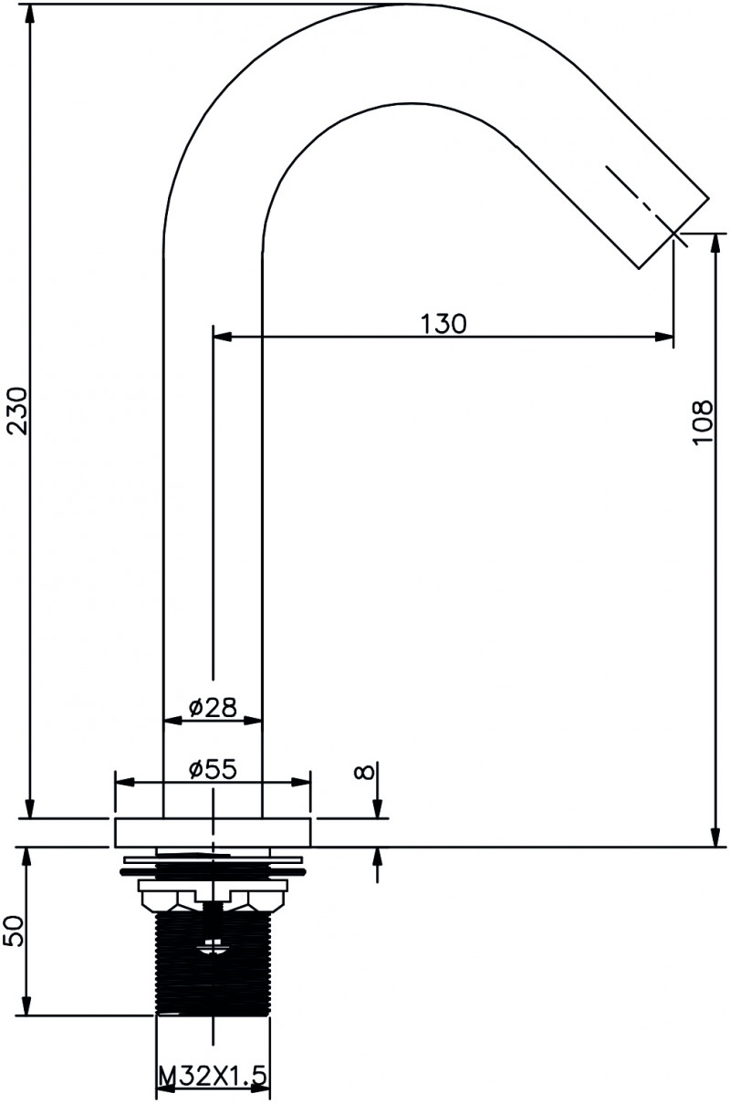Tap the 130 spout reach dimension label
443,324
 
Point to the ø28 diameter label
213,708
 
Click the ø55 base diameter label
213,769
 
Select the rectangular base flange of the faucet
213,833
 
